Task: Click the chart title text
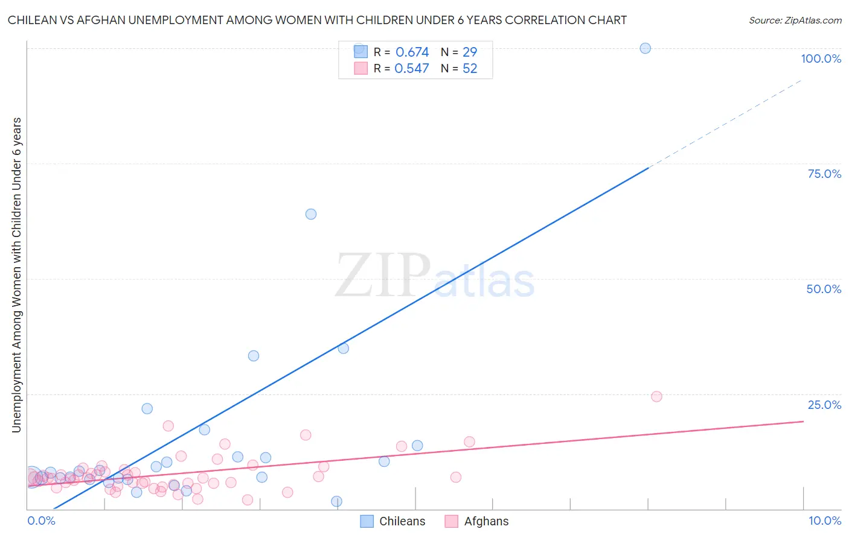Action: click(317, 20)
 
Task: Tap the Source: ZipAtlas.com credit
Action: click(795, 20)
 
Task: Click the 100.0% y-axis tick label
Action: click(821, 59)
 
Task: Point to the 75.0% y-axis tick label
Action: click(824, 174)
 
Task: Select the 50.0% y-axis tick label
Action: click(824, 289)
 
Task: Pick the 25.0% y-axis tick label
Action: click(824, 405)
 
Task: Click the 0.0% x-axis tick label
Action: click(41, 521)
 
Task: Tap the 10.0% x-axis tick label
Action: click(824, 521)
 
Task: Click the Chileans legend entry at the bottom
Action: click(392, 521)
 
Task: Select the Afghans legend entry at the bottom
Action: click(477, 521)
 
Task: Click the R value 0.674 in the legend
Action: click(412, 52)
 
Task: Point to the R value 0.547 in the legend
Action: click(411, 69)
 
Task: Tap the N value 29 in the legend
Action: click(470, 52)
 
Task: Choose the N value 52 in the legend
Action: click(470, 69)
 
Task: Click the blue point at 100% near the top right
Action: click(645, 48)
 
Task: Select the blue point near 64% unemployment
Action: click(311, 214)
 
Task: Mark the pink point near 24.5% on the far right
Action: click(656, 396)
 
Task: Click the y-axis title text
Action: click(16, 274)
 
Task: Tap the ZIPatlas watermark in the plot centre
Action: click(435, 276)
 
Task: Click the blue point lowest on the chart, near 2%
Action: click(336, 501)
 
